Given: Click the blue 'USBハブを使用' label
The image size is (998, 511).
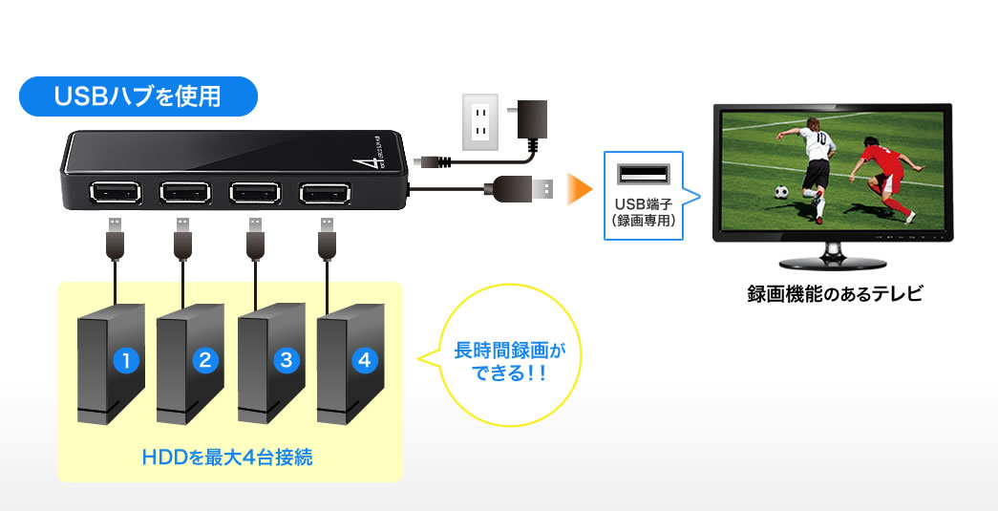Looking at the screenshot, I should (138, 96).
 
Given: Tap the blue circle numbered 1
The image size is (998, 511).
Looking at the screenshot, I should (125, 360).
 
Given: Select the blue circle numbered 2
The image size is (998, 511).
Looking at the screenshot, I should (204, 360).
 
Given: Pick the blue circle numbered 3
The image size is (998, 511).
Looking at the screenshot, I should (285, 360).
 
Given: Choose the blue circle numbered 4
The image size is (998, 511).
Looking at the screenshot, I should (363, 360).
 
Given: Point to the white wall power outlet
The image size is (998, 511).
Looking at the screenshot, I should (481, 121).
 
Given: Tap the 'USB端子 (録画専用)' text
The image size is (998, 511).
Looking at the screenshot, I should (644, 213).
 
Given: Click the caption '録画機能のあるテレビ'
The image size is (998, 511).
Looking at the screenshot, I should (835, 294).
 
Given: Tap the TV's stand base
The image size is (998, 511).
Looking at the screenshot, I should (835, 263).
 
